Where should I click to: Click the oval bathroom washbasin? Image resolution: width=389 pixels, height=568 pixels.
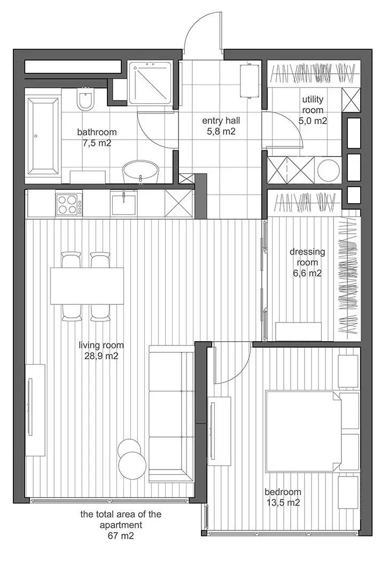coord(141,172)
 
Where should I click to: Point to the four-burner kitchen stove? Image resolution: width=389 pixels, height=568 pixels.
coord(69,204)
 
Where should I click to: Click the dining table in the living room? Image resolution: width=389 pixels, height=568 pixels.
coord(87,286)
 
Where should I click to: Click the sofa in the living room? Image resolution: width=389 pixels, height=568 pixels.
coord(171,413)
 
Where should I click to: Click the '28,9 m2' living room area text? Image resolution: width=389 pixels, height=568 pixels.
coord(99,356)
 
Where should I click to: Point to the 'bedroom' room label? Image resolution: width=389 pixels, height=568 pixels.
coord(283,492)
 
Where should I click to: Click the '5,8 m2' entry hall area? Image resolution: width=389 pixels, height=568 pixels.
coord(219,131)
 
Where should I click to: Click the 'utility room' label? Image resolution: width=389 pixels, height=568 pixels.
coord(313,105)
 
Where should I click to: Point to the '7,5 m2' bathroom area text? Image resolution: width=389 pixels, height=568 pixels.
coord(96,143)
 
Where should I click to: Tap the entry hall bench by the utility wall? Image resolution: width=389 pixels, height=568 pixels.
coord(247,80)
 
